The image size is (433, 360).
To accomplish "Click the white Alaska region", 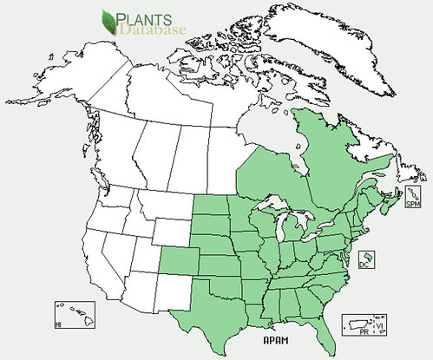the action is pos(69,104).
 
